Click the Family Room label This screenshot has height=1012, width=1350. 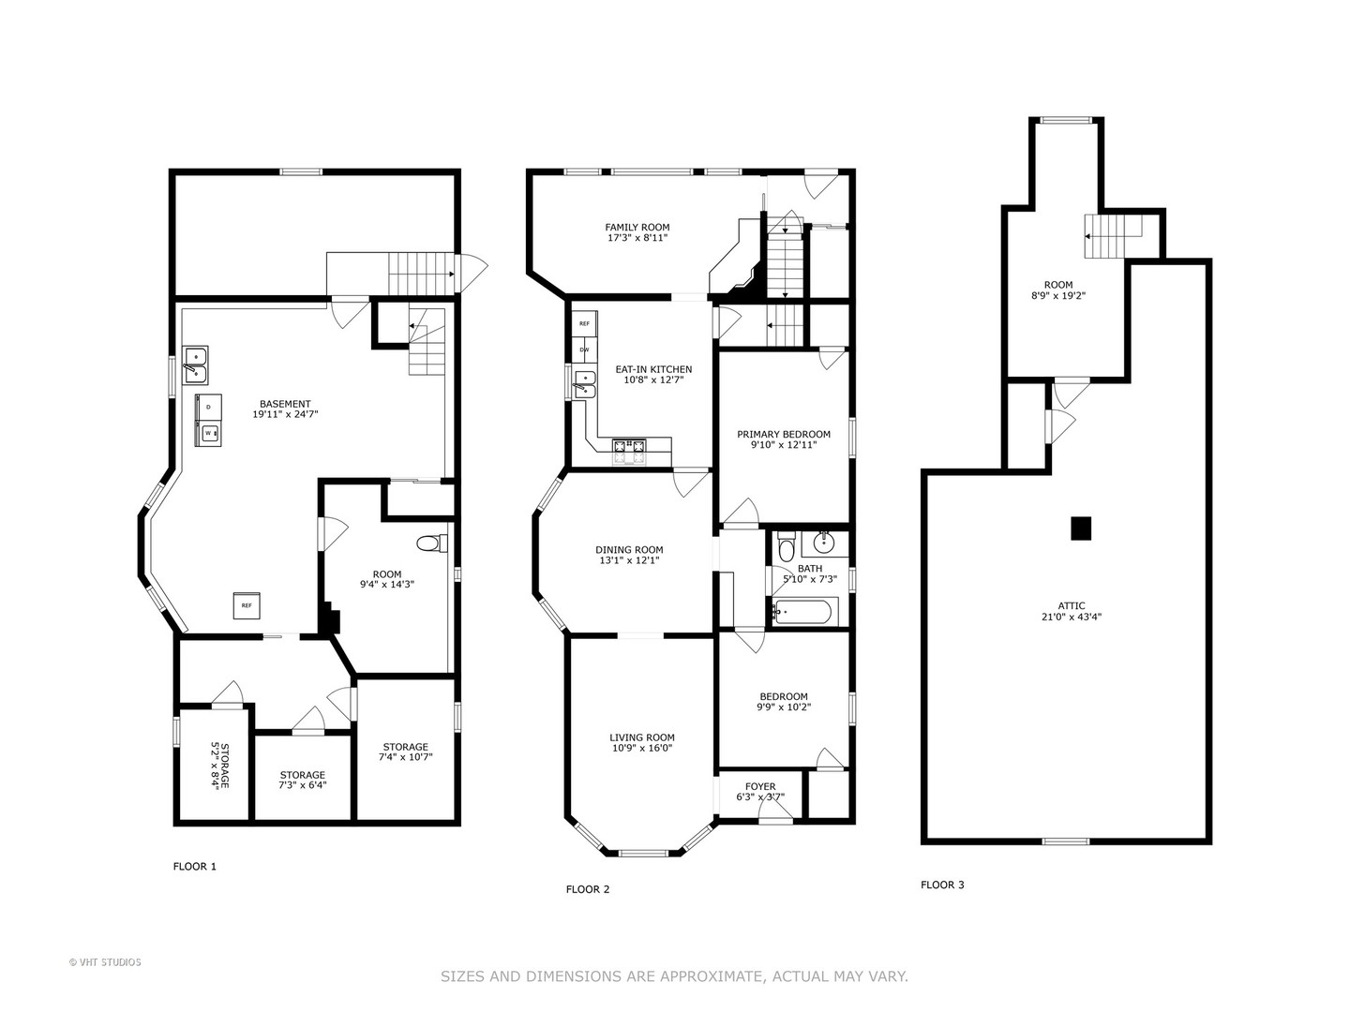[x=637, y=227]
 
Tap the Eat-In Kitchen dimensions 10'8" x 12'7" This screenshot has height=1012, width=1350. [x=653, y=380]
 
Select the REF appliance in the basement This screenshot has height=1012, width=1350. [x=247, y=605]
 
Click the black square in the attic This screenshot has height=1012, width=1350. [x=1081, y=528]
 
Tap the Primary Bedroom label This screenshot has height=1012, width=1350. [x=783, y=434]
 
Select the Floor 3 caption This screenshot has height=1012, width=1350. [x=941, y=885]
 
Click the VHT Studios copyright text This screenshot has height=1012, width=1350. [x=105, y=962]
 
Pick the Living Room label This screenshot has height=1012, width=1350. [x=642, y=737]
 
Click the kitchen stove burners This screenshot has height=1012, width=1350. [x=628, y=446]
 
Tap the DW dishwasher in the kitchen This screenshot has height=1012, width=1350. [x=584, y=350]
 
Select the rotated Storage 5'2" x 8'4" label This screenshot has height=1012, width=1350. [x=219, y=766]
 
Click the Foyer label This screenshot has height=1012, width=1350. [x=760, y=786]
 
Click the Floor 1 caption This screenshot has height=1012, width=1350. [x=195, y=867]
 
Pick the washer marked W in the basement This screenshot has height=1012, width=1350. [x=209, y=433]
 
